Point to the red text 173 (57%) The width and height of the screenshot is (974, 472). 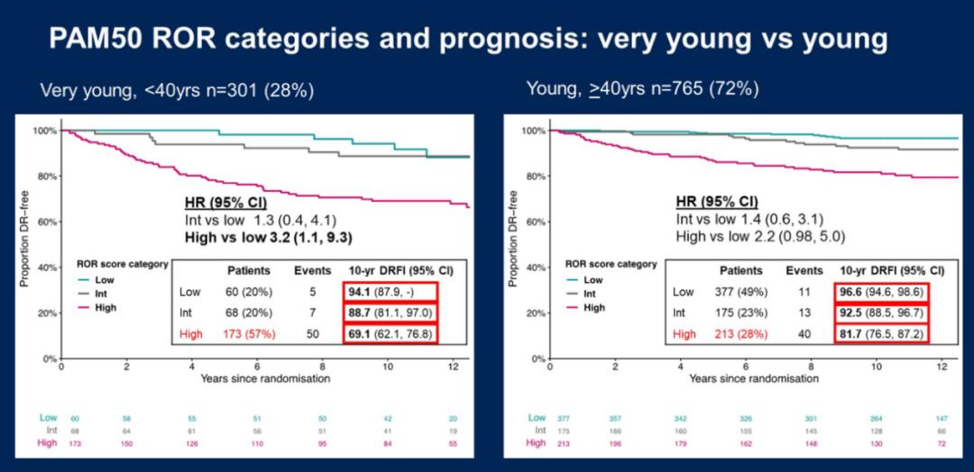(255, 334)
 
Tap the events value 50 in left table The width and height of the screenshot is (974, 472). (312, 334)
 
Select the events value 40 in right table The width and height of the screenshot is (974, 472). (804, 334)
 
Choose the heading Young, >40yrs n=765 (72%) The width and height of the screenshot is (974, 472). (643, 89)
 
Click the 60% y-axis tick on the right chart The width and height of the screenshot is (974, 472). (534, 222)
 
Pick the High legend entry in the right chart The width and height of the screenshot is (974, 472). (594, 307)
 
